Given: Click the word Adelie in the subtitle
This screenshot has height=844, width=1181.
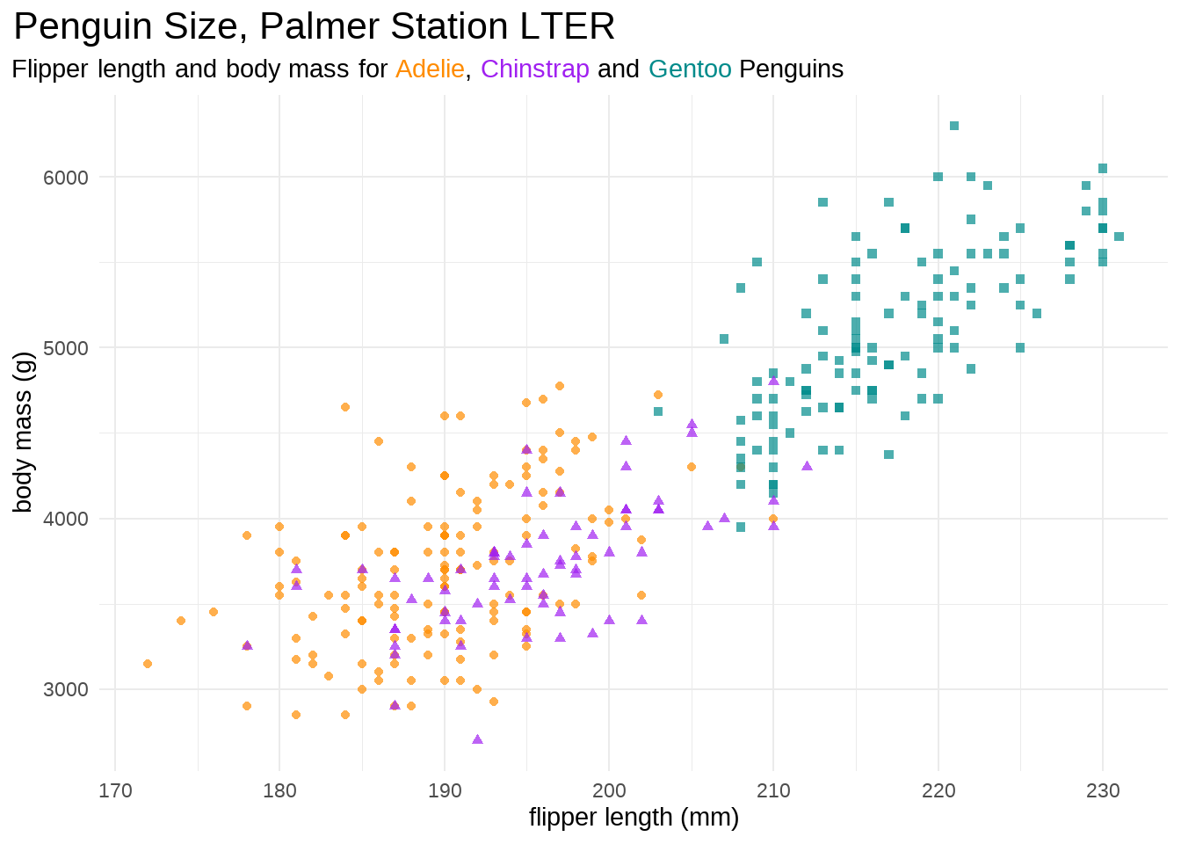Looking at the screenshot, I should point(430,69).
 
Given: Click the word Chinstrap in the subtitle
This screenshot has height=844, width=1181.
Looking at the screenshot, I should point(535,69).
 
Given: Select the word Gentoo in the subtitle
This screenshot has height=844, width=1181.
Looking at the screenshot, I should point(690,69).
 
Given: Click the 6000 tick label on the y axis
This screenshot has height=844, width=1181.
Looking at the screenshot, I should point(66,178).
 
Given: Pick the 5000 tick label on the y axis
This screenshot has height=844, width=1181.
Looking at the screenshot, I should point(66,348).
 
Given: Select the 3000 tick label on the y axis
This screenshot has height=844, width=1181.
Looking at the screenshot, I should point(66,689).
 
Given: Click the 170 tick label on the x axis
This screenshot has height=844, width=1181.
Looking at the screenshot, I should point(115,790).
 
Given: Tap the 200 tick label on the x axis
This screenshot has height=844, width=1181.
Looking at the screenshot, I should point(609,790).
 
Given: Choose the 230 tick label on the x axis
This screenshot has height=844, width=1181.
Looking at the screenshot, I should point(1103,790).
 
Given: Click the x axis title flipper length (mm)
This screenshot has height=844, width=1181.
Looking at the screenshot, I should point(634,818).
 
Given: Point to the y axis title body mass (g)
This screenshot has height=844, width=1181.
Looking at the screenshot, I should point(23,432).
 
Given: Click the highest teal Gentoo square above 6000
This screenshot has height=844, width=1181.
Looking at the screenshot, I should point(954,126).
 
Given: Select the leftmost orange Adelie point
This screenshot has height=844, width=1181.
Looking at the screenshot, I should point(148,664).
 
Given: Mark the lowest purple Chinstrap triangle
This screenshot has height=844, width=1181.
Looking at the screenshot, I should point(477,739).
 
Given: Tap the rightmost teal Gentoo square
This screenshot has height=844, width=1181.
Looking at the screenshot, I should point(1119,236).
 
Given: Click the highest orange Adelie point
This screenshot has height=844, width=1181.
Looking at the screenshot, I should point(560,386).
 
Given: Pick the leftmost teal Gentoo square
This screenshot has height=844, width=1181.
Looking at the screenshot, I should point(658,411).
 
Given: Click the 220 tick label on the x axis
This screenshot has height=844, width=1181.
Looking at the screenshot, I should point(938,790).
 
